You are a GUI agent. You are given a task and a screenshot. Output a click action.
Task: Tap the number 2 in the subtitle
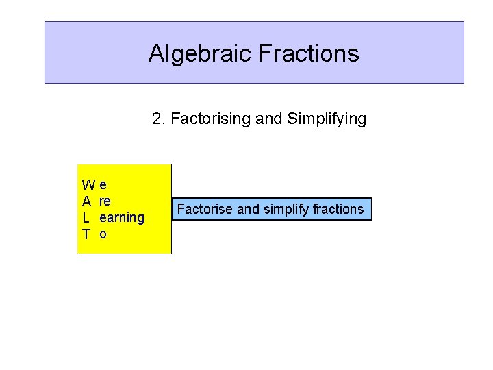click(x=157, y=119)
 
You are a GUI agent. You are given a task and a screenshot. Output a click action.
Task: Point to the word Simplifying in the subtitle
click(x=327, y=119)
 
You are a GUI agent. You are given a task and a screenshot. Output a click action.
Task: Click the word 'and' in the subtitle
click(x=269, y=119)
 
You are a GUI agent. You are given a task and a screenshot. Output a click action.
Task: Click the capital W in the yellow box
click(x=88, y=185)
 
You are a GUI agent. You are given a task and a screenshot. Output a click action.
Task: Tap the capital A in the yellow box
click(x=87, y=201)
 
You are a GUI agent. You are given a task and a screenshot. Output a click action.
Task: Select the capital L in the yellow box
click(x=86, y=218)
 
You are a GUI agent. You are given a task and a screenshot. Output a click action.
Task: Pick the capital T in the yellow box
click(x=86, y=234)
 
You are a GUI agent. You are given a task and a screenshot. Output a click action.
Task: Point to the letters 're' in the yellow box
click(x=105, y=201)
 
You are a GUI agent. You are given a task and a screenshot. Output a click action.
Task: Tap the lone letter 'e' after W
click(x=103, y=185)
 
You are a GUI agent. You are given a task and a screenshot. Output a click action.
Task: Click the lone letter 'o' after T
click(x=103, y=234)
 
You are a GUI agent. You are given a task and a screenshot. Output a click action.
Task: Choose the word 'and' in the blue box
click(x=248, y=209)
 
